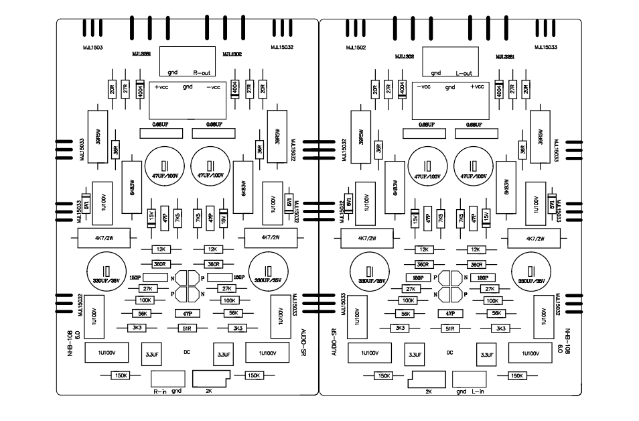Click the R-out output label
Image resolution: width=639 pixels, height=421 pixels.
coord(202,72)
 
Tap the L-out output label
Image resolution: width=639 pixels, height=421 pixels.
coord(464,73)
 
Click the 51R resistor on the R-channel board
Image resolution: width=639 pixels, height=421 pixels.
coord(187,328)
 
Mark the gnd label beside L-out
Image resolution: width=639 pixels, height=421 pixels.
coord(435,73)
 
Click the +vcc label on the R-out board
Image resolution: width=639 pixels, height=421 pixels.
coord(161,87)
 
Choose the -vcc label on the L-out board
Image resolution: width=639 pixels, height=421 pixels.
coord(423,87)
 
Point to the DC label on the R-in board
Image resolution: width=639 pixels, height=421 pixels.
coord(187,351)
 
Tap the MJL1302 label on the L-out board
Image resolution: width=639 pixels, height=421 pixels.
coord(405,57)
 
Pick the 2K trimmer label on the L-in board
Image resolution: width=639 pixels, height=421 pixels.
coord(428,390)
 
